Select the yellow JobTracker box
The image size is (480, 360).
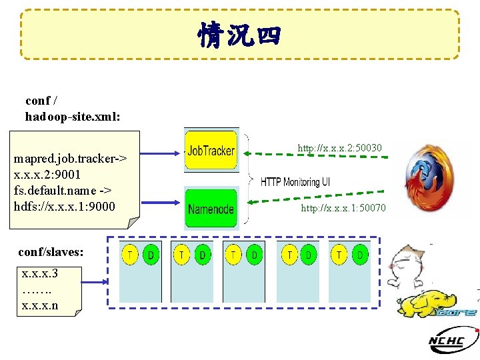click(x=211, y=151)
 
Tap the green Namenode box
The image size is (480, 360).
click(x=211, y=209)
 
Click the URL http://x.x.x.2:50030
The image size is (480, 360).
click(x=339, y=147)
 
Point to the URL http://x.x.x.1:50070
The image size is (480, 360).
click(x=343, y=209)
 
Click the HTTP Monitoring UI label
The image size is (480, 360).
click(x=295, y=182)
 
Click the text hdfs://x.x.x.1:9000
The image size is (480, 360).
click(x=65, y=206)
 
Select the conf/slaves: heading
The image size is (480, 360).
click(x=51, y=252)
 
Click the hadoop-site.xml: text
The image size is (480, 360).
click(x=73, y=116)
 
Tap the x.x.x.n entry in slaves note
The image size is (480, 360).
click(x=40, y=305)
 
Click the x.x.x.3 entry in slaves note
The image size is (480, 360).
click(x=40, y=273)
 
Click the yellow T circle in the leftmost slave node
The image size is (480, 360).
click(x=131, y=255)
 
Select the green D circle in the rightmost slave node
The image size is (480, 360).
click(x=360, y=255)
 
